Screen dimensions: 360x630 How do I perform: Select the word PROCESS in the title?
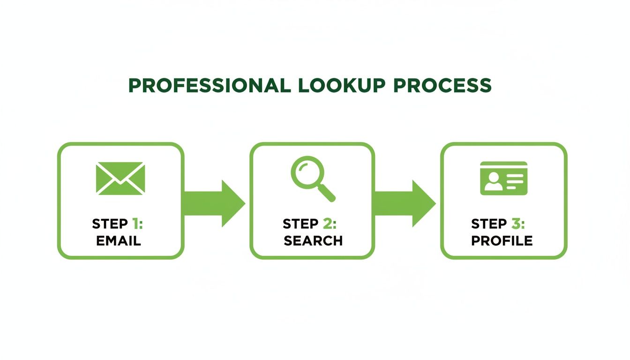(442, 86)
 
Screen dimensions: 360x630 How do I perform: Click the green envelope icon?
(120, 178)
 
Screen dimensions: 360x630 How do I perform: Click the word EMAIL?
(118, 241)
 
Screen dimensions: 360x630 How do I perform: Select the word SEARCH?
(313, 241)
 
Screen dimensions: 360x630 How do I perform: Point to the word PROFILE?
(502, 241)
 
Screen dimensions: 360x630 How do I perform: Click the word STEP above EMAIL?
(110, 224)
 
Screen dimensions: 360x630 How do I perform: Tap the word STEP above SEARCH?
(300, 224)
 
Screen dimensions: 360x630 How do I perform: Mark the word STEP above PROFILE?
(489, 224)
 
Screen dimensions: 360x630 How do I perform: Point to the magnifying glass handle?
(327, 193)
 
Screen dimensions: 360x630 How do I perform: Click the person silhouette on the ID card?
(493, 181)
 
